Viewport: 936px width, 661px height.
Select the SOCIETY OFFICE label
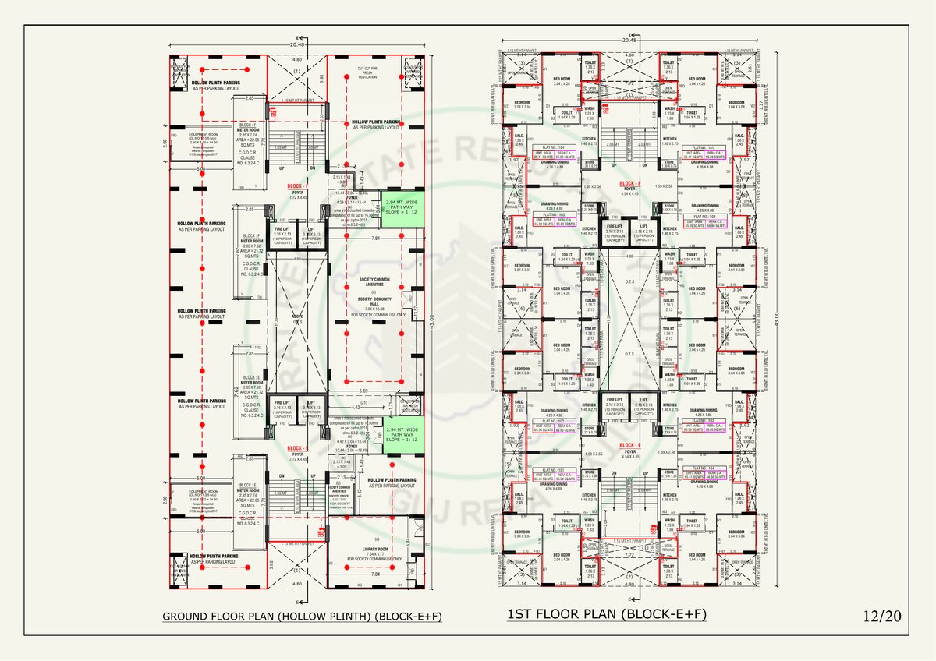pos(339,496)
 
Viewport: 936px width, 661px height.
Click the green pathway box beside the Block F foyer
pos(402,208)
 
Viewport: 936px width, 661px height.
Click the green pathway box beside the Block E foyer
pos(402,434)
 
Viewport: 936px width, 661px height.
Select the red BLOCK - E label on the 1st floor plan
pos(629,445)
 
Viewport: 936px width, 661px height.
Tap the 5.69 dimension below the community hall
pos(364,391)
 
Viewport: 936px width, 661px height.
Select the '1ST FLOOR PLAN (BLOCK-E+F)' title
pos(607,615)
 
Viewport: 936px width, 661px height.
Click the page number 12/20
pos(881,616)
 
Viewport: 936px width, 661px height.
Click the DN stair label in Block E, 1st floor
pos(615,473)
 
